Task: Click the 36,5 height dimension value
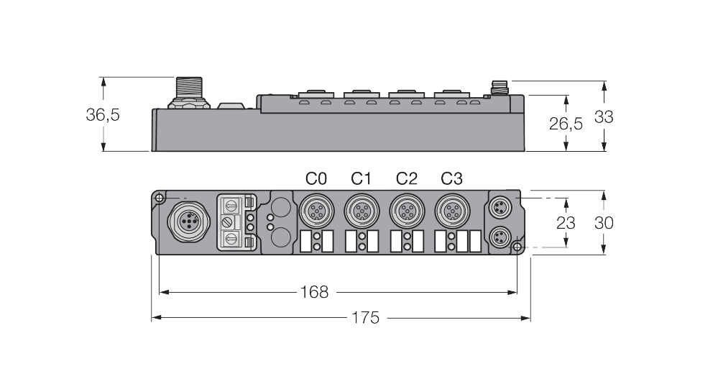103,115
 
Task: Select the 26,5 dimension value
566,123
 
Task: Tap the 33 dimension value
604,117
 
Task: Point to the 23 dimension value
566,223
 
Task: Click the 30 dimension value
604,223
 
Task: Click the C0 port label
316,178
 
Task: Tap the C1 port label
361,178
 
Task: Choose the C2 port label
406,178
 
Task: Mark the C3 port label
451,178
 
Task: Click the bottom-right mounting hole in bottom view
517,247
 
